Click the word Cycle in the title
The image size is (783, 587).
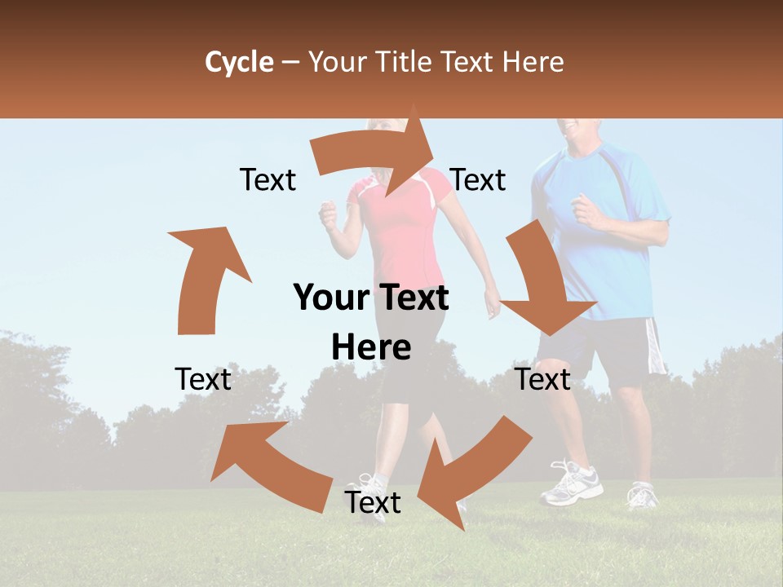click(239, 62)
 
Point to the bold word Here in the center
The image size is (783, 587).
click(371, 347)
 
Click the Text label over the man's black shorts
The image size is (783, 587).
click(543, 379)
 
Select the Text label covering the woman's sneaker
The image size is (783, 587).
click(373, 502)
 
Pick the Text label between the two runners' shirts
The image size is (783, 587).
click(478, 179)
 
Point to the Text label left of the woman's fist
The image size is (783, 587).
click(268, 179)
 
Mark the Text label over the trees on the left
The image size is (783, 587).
click(203, 379)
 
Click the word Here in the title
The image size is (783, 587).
click(534, 62)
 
